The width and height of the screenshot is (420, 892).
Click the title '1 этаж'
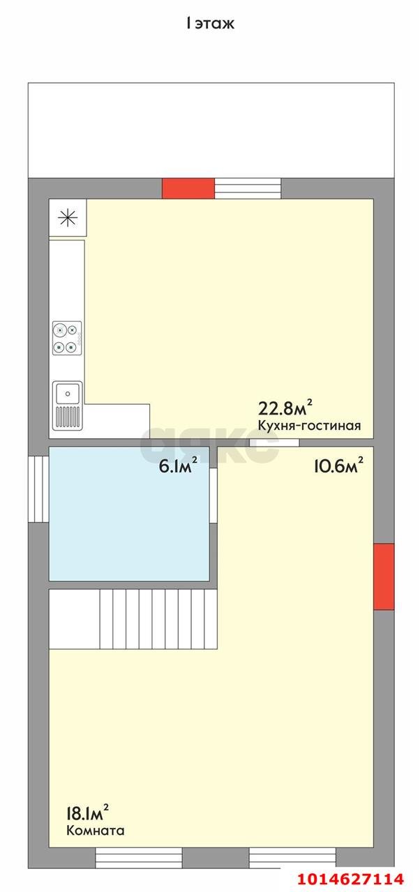pyautogui.click(x=210, y=24)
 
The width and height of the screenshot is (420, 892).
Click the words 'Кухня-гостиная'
pyautogui.click(x=309, y=426)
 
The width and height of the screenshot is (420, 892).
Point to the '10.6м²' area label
pyautogui.click(x=338, y=466)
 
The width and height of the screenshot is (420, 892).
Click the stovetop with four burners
pyautogui.click(x=67, y=337)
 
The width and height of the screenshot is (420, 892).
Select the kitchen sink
pyautogui.click(x=67, y=404)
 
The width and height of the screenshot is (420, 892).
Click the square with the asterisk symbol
pyautogui.click(x=68, y=217)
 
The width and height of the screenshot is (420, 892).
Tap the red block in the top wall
pyautogui.click(x=188, y=188)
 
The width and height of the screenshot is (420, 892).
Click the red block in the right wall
pyautogui.click(x=383, y=576)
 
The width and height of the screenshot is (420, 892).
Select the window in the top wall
pyautogui.click(x=247, y=188)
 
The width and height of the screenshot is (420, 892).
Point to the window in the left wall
pyautogui.click(x=38, y=488)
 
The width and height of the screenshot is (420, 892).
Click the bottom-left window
pyautogui.click(x=139, y=856)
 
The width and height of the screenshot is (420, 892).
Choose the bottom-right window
pyautogui.click(x=292, y=856)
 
